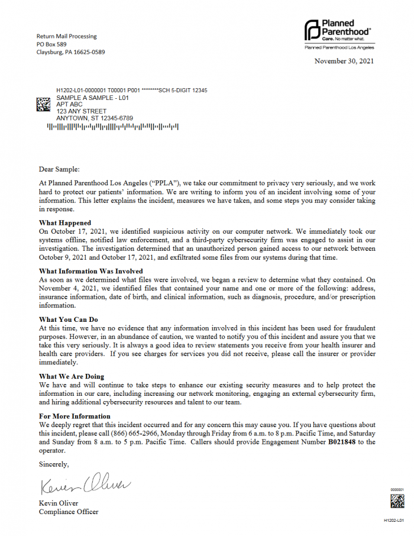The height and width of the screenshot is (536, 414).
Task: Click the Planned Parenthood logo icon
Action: point(312,29)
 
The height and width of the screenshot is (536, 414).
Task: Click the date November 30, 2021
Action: point(344,61)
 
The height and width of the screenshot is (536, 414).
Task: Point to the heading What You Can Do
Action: point(69,319)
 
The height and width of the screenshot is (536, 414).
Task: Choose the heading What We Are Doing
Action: point(71,376)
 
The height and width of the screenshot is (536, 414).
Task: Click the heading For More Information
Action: point(74,416)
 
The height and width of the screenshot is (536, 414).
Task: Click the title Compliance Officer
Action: point(69,512)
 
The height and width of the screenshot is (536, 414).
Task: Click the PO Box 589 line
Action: point(51,44)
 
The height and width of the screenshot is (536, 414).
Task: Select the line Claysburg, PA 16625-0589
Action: point(70,51)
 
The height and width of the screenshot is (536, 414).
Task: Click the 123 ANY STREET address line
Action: point(81,111)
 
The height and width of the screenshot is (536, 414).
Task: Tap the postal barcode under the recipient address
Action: point(112,126)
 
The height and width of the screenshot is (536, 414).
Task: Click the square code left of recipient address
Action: point(44,104)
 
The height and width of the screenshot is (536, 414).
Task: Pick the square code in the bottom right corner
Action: point(397,501)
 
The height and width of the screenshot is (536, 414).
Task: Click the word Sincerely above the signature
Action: point(54,464)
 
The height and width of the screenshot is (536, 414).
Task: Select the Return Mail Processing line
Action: point(66,36)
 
